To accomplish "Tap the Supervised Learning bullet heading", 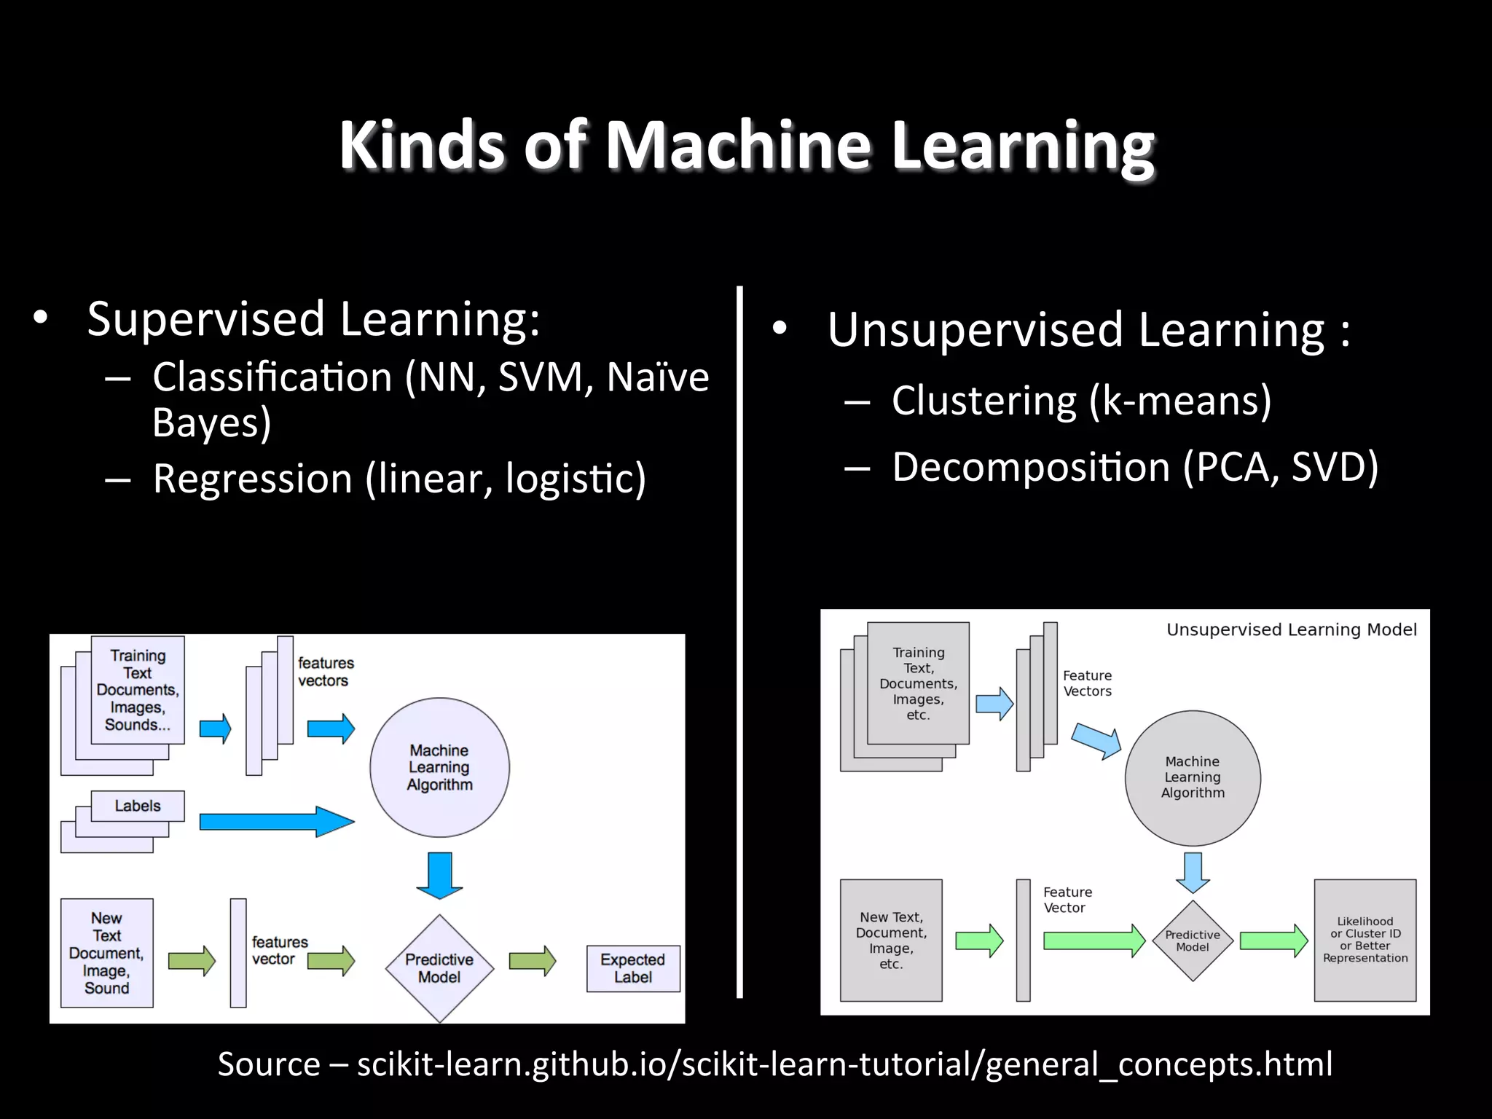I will tap(313, 319).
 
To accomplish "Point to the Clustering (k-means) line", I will tap(1081, 400).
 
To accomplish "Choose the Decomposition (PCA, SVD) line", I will tap(1134, 466).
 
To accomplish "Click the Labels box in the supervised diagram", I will tap(137, 806).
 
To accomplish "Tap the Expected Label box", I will tap(632, 968).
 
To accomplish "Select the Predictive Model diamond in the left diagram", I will tap(439, 968).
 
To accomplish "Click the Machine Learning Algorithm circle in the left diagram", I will tap(439, 767).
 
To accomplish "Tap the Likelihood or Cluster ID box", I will tap(1365, 940).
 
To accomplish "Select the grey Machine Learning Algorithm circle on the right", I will tap(1193, 777).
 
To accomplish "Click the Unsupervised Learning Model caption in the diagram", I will tap(1291, 629).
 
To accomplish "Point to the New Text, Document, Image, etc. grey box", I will tap(890, 940).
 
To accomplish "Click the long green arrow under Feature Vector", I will tap(1093, 941).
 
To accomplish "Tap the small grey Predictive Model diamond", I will tap(1193, 941).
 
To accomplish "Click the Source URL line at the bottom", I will tap(774, 1064).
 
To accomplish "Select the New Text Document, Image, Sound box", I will tap(106, 953).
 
